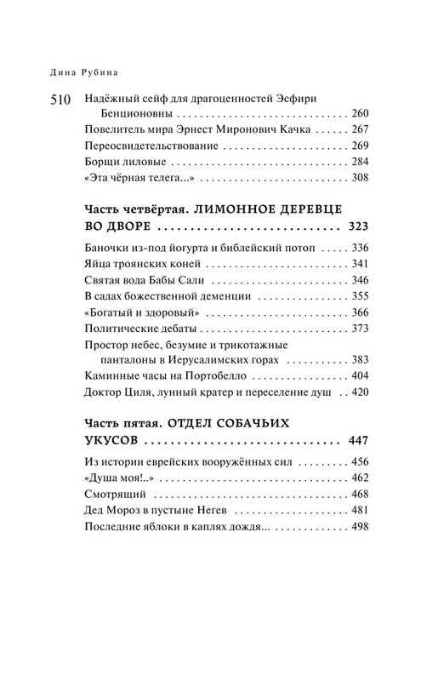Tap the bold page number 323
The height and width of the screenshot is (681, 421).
click(336, 227)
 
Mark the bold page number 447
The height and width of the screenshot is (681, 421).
click(336, 442)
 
